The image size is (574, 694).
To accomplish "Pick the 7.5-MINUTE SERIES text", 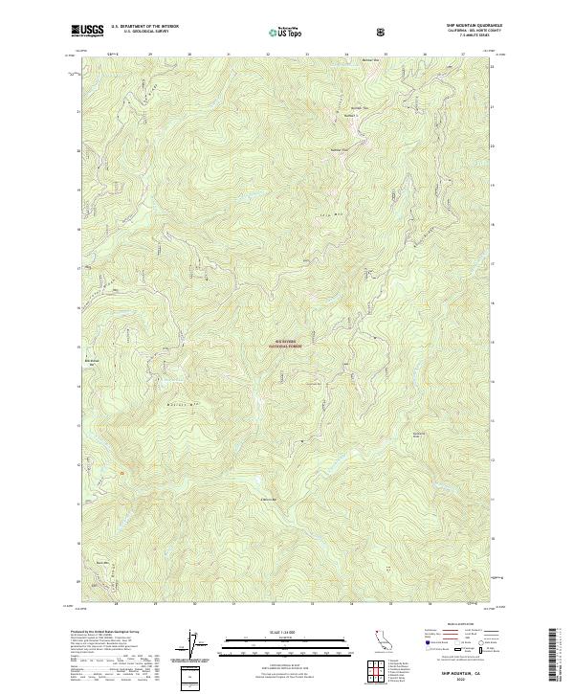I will pyautogui.click(x=475, y=37).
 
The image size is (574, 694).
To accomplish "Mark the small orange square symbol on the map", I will pyautogui.click(x=121, y=469).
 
